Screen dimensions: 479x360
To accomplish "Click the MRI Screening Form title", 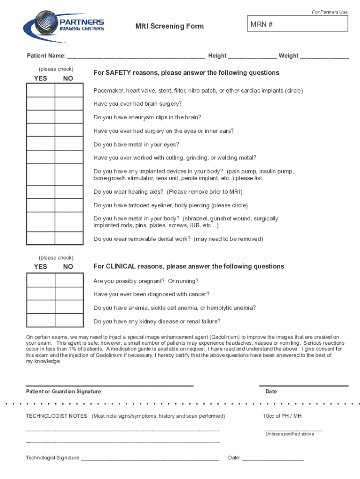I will [x=169, y=26].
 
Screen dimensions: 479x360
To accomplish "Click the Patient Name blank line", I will [x=136, y=56].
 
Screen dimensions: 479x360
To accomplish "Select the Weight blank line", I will [x=324, y=56].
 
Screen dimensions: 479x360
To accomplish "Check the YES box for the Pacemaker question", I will [x=41, y=90].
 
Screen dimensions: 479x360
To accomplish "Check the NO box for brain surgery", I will [x=69, y=104].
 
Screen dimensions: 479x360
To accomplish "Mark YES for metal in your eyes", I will [x=41, y=145].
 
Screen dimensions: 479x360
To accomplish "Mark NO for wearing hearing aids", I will [x=69, y=192].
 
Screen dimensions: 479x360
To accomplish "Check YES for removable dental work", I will [x=41, y=239].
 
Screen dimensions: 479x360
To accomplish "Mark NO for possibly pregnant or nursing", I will [x=69, y=280].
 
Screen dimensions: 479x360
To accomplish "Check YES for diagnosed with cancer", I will [x=41, y=294].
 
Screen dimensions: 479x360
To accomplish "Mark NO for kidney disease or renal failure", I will [x=69, y=321].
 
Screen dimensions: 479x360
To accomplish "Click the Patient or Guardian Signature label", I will [x=63, y=392].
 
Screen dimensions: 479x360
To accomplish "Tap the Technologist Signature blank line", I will [x=150, y=457].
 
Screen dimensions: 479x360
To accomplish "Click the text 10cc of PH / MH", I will [x=282, y=416].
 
